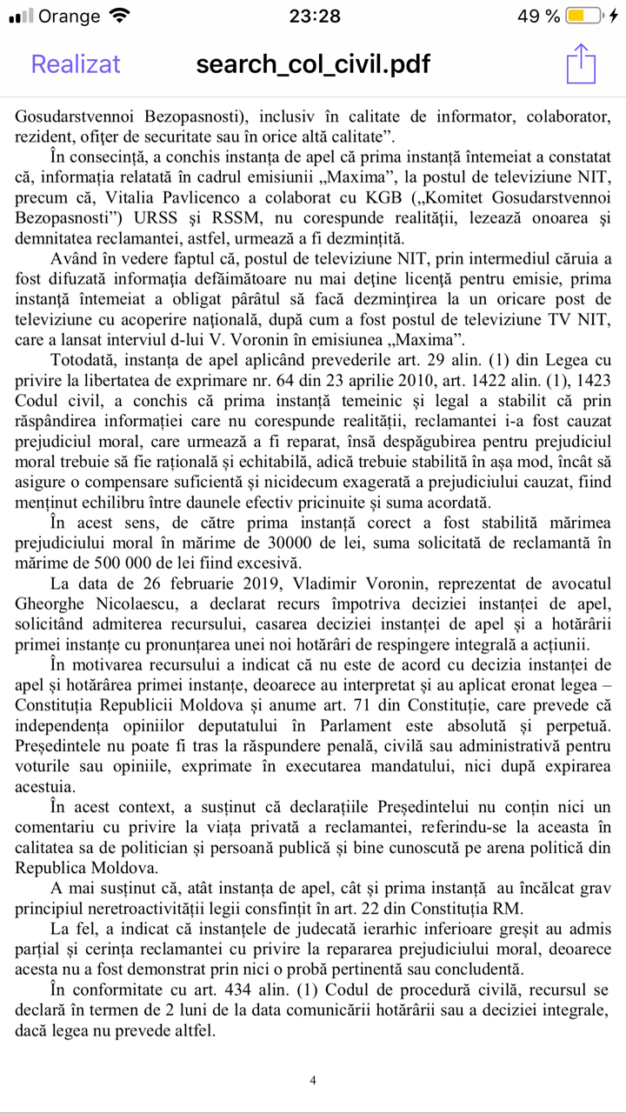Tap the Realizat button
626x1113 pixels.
76,64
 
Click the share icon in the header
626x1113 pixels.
580,63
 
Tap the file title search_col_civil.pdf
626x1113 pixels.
313,64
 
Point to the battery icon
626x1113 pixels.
583,17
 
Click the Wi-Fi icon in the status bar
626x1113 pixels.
121,16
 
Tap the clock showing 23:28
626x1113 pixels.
314,17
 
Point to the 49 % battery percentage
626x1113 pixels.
539,17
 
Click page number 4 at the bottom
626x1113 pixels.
313,1080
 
